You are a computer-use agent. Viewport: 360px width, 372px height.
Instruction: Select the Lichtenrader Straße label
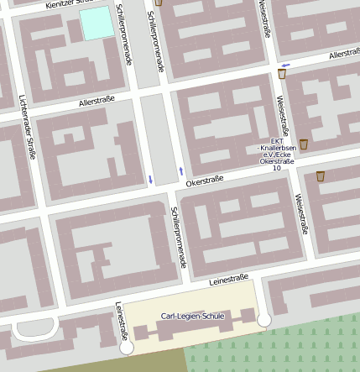pyautogui.click(x=26, y=133)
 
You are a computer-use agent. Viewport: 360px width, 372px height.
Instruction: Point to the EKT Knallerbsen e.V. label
pyautogui.click(x=276, y=155)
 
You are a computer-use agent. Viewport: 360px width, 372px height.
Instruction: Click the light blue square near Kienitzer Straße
pyautogui.click(x=97, y=24)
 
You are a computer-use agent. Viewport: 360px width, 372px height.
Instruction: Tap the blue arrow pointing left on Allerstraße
pyautogui.click(x=286, y=65)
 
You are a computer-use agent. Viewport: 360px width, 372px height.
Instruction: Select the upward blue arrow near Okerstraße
pyautogui.click(x=180, y=171)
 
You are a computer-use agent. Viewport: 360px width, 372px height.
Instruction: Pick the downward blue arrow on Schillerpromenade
pyautogui.click(x=150, y=179)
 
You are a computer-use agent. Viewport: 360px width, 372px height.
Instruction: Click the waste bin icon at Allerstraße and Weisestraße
pyautogui.click(x=282, y=75)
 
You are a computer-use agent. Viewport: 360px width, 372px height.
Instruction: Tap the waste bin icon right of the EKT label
pyautogui.click(x=303, y=144)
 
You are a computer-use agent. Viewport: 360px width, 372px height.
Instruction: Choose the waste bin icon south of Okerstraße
pyautogui.click(x=321, y=176)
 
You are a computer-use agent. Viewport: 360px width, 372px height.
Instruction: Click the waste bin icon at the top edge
pyautogui.click(x=159, y=3)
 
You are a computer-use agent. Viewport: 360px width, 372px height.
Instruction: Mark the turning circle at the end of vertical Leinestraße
pyautogui.click(x=127, y=347)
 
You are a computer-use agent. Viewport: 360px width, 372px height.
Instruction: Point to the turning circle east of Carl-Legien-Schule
pyautogui.click(x=264, y=320)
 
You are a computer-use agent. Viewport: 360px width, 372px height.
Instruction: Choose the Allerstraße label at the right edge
pyautogui.click(x=344, y=54)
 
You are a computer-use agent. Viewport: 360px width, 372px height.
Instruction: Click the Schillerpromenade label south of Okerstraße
pyautogui.click(x=178, y=238)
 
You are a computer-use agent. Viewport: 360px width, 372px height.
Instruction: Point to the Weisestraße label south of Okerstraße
pyautogui.click(x=300, y=213)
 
